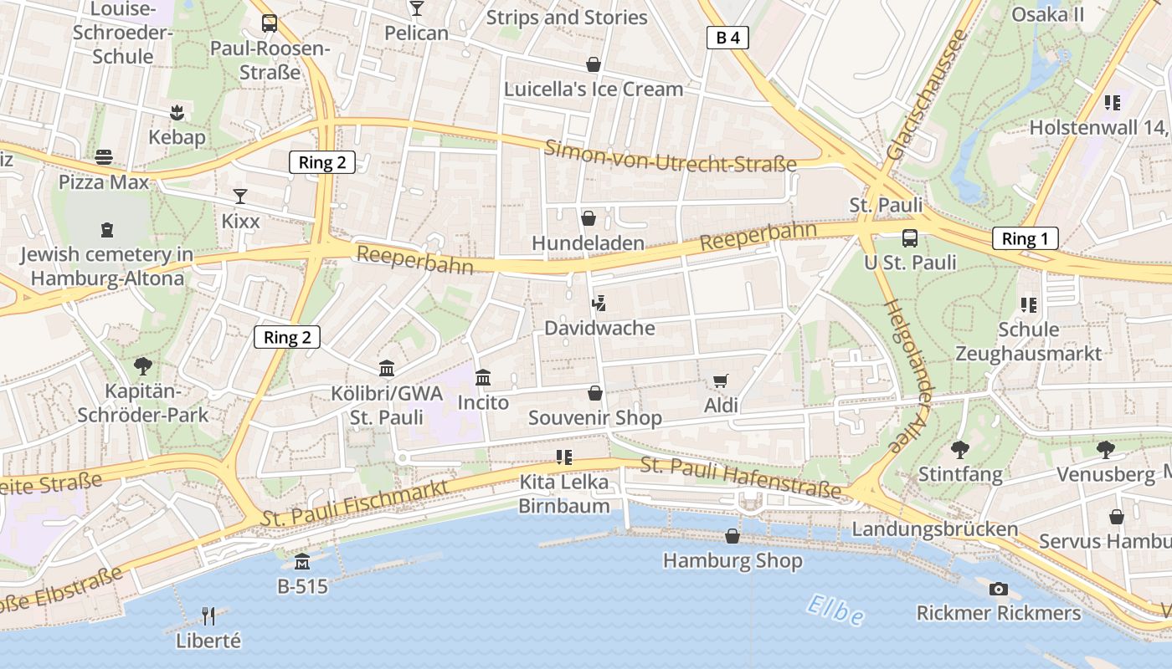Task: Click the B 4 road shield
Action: coord(727,38)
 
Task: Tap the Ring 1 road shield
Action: coord(1025,238)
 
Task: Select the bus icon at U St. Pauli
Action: coord(910,237)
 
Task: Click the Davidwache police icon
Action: coord(599,304)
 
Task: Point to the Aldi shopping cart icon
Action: coord(720,381)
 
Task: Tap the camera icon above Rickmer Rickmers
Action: coord(998,589)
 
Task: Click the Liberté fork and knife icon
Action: coord(208,616)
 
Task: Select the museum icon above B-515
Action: coord(302,561)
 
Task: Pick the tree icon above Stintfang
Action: coord(959,450)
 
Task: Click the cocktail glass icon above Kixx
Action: coord(240,197)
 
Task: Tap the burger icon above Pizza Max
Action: coord(104,156)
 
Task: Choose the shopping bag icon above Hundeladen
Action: coord(589,218)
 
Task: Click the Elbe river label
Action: coord(835,610)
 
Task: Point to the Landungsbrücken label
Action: coord(934,529)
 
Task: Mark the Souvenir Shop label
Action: coord(595,417)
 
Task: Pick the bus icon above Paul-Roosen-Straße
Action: coord(269,23)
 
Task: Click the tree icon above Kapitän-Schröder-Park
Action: coord(143,365)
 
